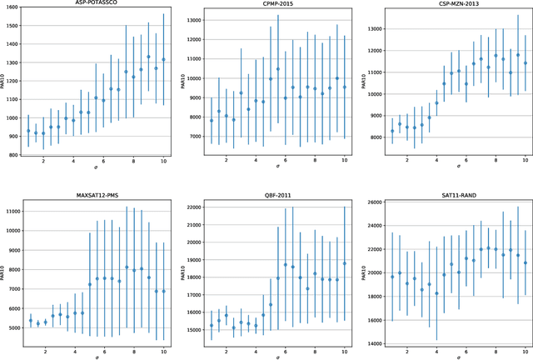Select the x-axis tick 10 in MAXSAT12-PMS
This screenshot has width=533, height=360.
163,347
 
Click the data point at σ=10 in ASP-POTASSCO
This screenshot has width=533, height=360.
163,60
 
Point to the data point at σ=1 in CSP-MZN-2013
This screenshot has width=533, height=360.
392,131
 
